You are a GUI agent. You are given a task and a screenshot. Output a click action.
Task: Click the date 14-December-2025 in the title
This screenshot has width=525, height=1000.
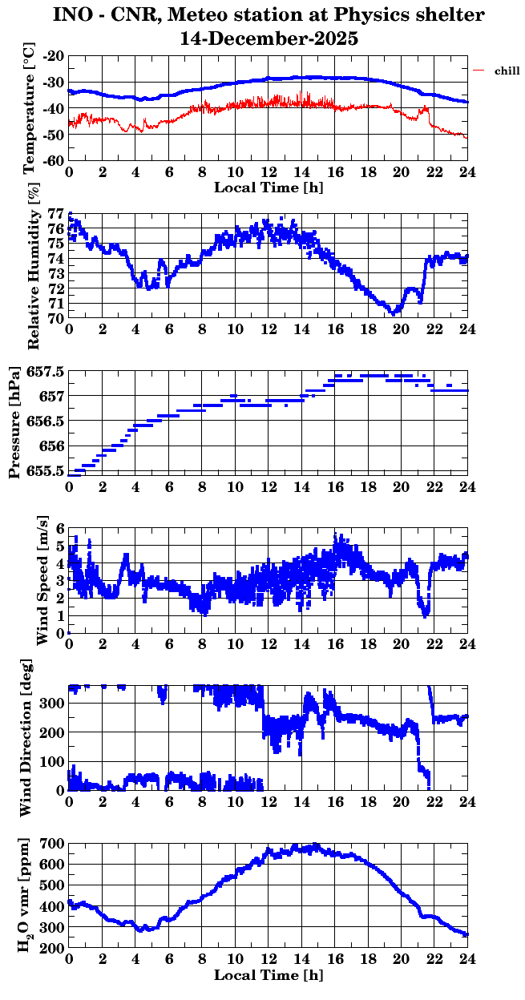(x=269, y=38)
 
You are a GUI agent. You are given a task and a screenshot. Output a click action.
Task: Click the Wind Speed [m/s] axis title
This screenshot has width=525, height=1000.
(x=41, y=580)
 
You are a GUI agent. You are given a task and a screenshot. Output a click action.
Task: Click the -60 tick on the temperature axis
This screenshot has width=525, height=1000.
(x=54, y=160)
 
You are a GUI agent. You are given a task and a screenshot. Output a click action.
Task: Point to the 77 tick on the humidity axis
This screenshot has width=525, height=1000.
(x=55, y=214)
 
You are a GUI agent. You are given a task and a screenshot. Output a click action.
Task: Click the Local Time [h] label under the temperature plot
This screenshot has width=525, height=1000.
(x=269, y=187)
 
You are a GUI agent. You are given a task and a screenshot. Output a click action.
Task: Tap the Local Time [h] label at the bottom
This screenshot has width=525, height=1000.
(x=269, y=975)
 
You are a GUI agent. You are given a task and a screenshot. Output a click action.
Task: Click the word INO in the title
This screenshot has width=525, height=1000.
(x=74, y=15)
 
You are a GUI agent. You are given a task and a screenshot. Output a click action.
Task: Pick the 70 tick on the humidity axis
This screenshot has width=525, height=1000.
(x=55, y=318)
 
